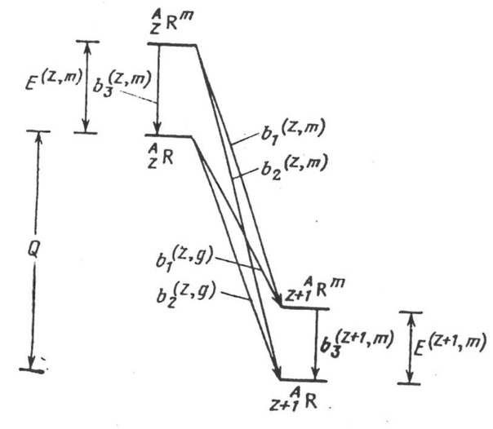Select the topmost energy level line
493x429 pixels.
tap(175, 44)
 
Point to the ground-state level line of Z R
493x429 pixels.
tap(171, 136)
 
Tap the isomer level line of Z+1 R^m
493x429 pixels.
tap(304, 307)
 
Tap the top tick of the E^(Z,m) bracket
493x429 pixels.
tap(87, 42)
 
